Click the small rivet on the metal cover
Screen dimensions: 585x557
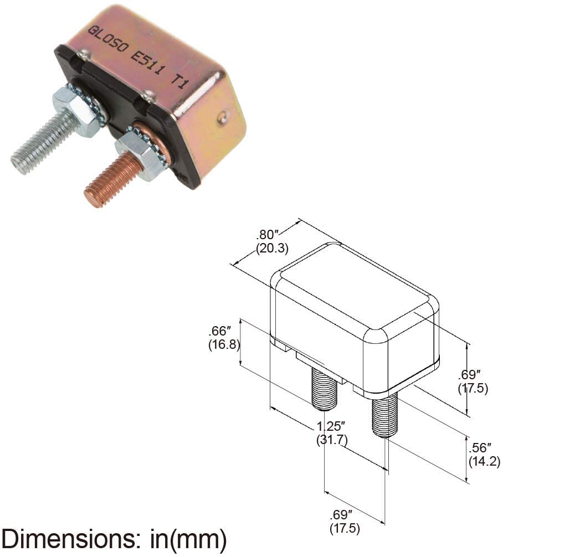(223, 117)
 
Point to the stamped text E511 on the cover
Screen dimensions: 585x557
(147, 62)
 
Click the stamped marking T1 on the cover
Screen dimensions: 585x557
(178, 80)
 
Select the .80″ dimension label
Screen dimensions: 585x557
(268, 235)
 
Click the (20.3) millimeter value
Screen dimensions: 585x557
(272, 248)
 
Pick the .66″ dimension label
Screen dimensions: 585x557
(220, 331)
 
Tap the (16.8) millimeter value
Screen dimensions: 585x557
(224, 344)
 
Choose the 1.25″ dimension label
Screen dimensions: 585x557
(331, 426)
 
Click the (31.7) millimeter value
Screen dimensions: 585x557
(332, 440)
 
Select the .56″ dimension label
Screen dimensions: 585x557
(480, 447)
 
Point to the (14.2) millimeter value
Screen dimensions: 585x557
(484, 461)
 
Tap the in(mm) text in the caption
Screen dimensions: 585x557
(188, 539)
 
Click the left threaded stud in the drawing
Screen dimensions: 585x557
(324, 389)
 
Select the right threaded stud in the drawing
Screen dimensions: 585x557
(386, 416)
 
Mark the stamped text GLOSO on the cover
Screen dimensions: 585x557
(107, 40)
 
